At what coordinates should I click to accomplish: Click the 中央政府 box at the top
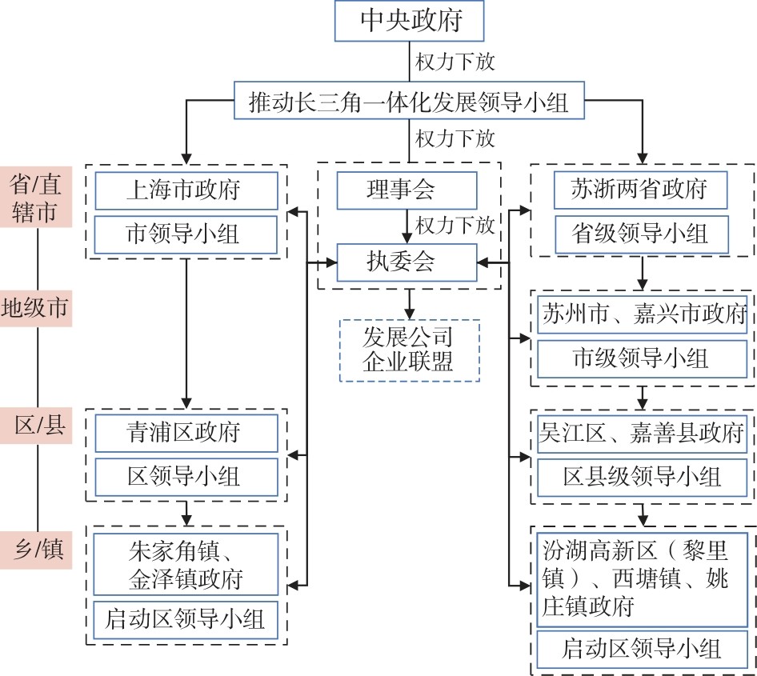(x=409, y=22)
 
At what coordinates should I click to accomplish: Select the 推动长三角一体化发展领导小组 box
(x=409, y=101)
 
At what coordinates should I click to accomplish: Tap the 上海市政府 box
(x=186, y=190)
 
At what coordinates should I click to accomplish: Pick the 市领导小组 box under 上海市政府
(x=186, y=234)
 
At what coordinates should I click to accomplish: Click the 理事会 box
(x=407, y=190)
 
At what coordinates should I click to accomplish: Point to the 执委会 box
(x=407, y=262)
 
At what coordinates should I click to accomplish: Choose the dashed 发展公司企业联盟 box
(x=409, y=350)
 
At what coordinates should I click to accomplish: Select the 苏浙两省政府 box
(x=641, y=190)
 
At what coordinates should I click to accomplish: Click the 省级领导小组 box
(x=641, y=234)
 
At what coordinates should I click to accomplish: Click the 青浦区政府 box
(x=186, y=433)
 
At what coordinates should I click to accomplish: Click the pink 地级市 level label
(x=37, y=307)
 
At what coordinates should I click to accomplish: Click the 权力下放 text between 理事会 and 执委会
(x=455, y=225)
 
